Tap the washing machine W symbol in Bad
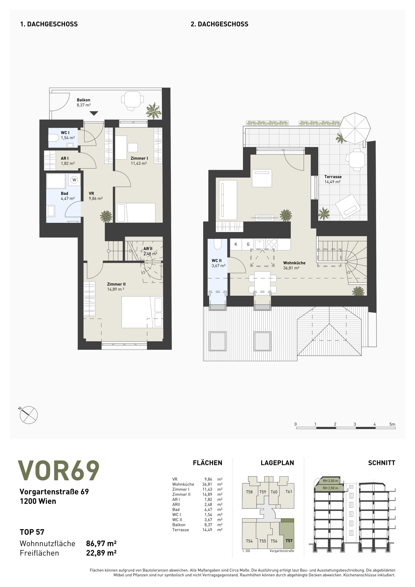click(x=74, y=180)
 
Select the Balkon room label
click(x=84, y=100)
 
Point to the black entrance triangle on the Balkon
click(x=94, y=113)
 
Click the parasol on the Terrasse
click(x=356, y=128)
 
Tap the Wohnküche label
click(x=294, y=263)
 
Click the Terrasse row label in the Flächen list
click(x=180, y=530)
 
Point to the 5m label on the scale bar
click(x=392, y=424)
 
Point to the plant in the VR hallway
click(x=106, y=216)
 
